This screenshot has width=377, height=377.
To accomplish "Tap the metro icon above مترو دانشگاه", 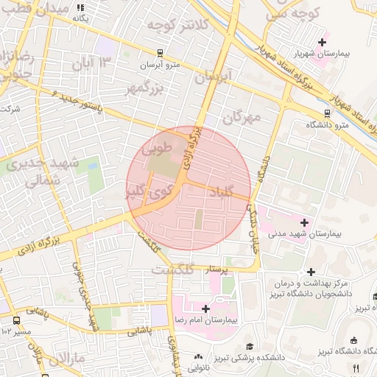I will (327, 114).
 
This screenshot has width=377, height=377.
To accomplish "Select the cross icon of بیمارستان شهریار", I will (322, 43).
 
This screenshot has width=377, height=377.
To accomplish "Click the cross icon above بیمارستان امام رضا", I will (205, 309).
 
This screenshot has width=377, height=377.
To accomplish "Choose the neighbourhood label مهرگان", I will (242, 117).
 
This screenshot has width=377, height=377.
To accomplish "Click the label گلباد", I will (220, 192).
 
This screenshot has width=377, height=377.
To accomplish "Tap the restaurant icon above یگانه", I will (80, 7).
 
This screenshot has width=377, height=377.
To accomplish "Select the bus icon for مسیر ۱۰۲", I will (16, 320).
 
